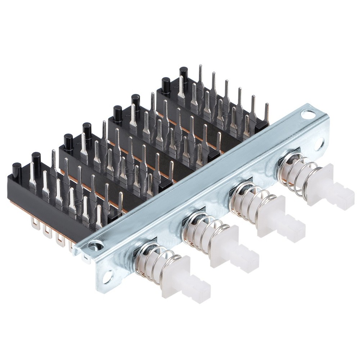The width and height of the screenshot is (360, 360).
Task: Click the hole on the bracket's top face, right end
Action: tap(307, 115)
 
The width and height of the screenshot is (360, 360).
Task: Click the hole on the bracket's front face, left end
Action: tap(107, 276)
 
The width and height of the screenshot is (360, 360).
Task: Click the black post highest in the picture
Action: tap(184, 72)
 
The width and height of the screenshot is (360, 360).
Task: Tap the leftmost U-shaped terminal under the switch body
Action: tap(35, 225)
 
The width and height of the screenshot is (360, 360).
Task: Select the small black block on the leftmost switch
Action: tap(114, 215)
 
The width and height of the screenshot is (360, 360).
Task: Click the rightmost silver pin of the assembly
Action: tap(266, 112)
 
